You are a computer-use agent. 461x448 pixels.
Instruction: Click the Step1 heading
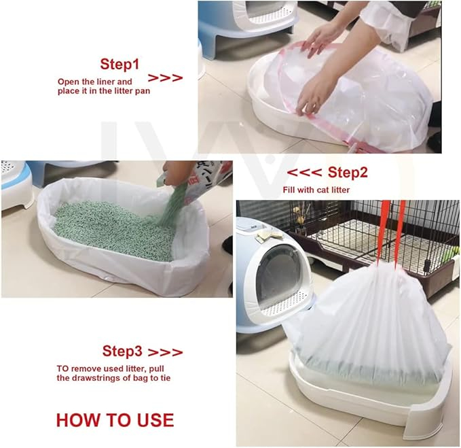(x=119, y=64)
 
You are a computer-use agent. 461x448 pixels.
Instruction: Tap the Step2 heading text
(x=348, y=172)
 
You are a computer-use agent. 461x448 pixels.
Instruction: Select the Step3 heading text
(x=122, y=351)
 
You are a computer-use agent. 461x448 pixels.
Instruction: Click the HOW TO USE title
(x=115, y=419)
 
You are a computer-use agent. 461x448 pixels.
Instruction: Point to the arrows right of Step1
(x=165, y=78)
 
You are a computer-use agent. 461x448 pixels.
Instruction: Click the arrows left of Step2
(x=304, y=173)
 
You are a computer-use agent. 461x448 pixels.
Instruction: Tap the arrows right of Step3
(x=165, y=352)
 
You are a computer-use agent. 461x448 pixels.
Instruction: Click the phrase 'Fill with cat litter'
(x=316, y=190)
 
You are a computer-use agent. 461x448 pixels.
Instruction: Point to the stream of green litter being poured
(x=172, y=206)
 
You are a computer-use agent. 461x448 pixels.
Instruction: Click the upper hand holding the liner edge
(x=323, y=38)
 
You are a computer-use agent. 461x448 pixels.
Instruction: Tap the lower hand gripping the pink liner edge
(x=313, y=94)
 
